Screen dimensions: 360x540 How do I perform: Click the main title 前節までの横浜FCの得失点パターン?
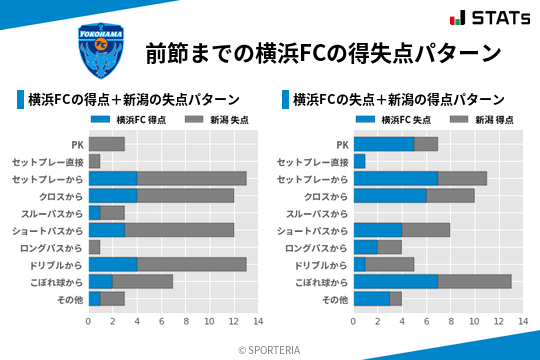tap(322, 52)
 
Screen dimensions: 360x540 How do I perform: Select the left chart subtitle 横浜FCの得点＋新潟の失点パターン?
tap(133, 100)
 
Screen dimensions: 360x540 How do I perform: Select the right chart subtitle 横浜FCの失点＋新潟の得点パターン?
tap(398, 100)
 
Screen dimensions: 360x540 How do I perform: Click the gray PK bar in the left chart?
tap(106, 144)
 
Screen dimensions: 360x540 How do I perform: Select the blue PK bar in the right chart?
tap(383, 144)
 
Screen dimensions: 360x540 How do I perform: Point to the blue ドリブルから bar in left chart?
tap(112, 264)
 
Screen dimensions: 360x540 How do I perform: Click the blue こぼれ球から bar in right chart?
tap(395, 281)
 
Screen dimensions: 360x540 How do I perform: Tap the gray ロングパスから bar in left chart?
tap(94, 247)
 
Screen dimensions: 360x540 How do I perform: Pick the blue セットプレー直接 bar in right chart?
tap(359, 161)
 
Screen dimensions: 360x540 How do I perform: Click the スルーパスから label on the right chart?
tap(317, 213)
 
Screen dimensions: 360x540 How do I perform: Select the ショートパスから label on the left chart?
tap(47, 230)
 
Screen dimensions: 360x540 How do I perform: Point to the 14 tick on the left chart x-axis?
tap(257, 322)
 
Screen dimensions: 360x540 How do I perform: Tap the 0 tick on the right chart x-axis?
tap(353, 322)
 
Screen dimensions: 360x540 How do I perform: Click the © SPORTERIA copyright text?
tap(270, 349)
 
